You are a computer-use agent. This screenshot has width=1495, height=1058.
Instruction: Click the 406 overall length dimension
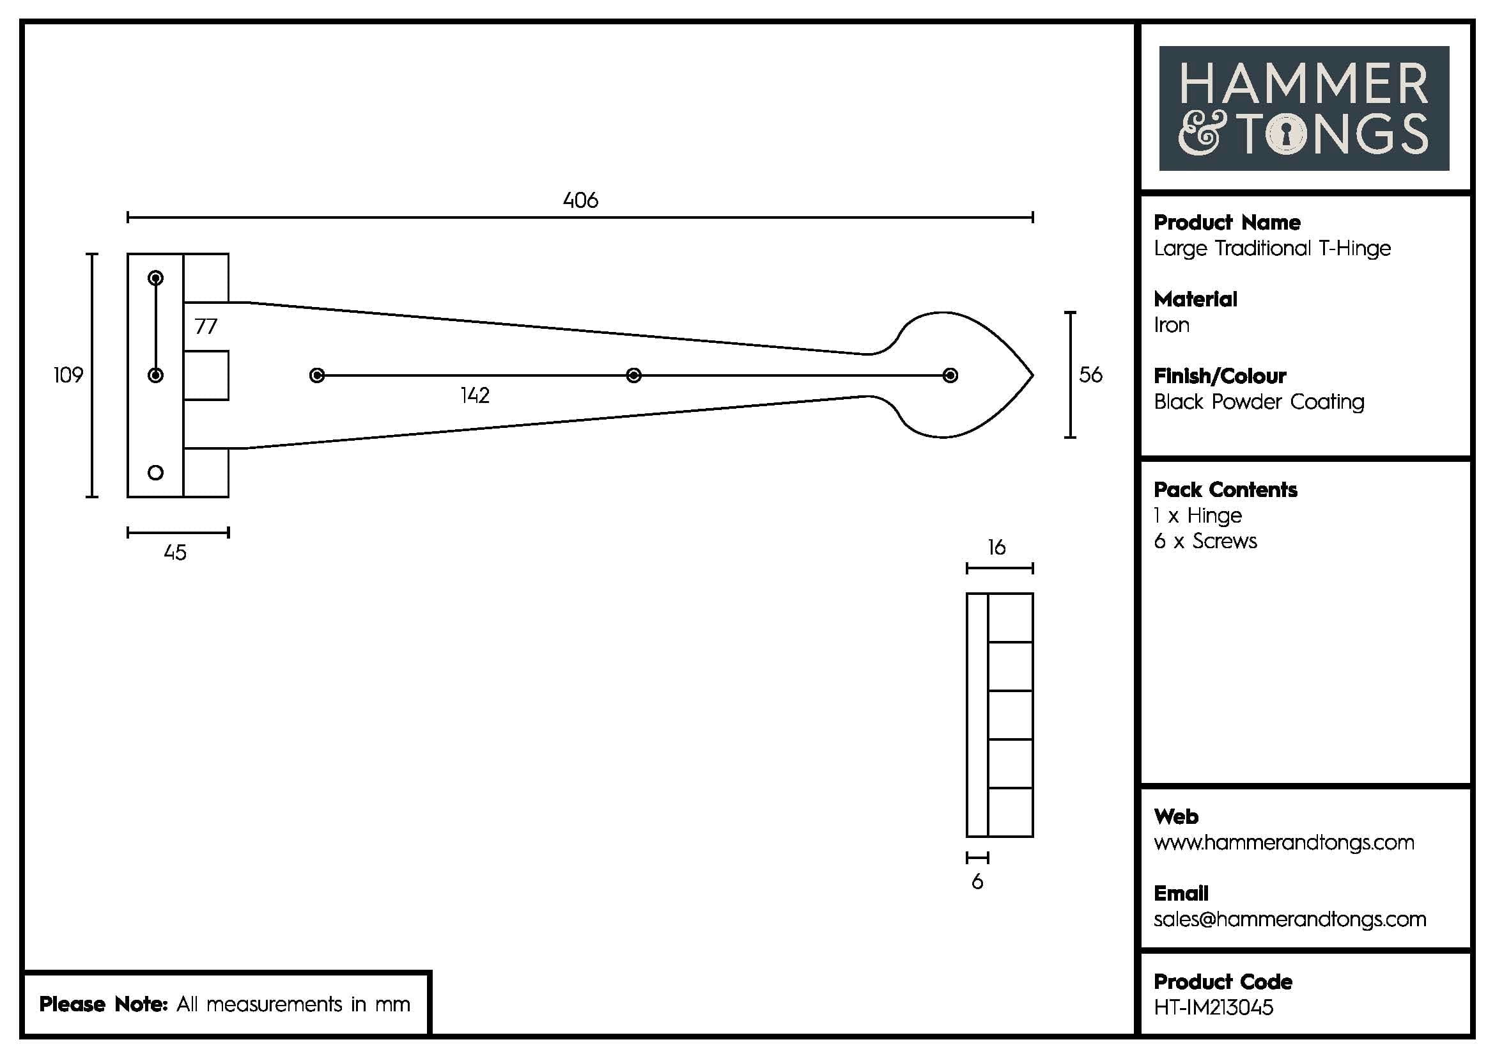pos(580,200)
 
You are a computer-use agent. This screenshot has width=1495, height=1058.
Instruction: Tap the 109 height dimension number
pos(68,375)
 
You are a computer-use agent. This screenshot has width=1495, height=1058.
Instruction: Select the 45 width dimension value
pos(175,553)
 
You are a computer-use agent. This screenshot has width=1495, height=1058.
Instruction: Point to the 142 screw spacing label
pos(475,395)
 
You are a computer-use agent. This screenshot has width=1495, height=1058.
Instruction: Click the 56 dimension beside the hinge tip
pos(1090,375)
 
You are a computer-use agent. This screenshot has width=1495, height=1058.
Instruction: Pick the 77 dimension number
pos(206,326)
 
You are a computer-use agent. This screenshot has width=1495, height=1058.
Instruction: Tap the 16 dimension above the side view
pos(996,548)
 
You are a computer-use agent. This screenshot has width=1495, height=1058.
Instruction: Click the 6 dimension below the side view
pos(977,882)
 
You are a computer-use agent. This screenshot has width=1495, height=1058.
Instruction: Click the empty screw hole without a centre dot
pos(155,472)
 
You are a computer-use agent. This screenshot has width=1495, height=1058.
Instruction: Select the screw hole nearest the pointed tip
pos(950,375)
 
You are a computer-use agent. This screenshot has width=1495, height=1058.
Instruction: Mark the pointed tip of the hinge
pos(1032,375)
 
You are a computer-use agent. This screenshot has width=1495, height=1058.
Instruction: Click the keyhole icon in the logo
pos(1286,135)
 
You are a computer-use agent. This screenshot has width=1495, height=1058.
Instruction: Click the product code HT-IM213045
pos(1213,1008)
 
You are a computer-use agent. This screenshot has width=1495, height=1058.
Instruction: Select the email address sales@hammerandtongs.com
pos(1289,919)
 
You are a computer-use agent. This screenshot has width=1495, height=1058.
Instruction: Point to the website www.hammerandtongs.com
pos(1283,842)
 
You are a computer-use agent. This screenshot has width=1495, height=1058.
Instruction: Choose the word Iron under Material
pos(1172,325)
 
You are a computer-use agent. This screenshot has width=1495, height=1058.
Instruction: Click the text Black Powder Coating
pos(1259,402)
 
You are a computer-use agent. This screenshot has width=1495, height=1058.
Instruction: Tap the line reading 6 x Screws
pos(1205,541)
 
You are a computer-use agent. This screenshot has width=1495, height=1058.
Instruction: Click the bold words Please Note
pos(104,1004)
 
